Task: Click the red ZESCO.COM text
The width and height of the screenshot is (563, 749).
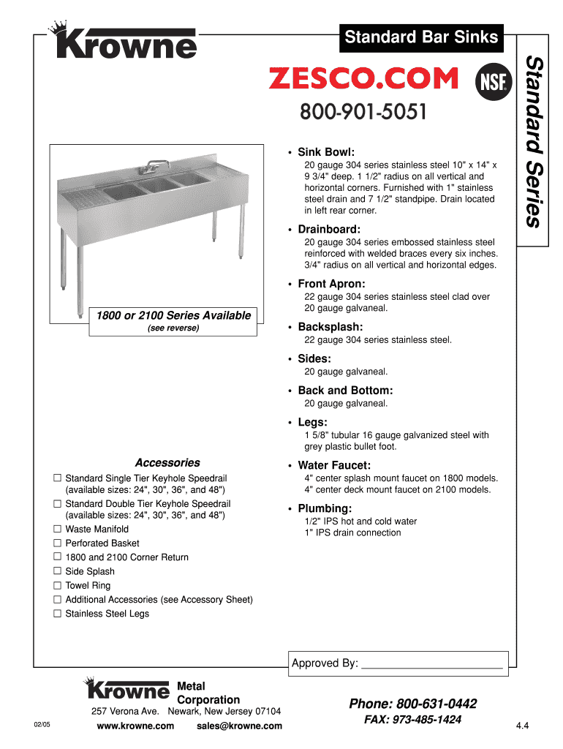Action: [x=363, y=78]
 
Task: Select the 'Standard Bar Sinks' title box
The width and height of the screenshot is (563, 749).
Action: [x=421, y=37]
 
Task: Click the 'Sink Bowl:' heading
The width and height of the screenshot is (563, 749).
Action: [x=326, y=152]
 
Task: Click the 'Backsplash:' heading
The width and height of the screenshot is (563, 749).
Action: [x=330, y=327]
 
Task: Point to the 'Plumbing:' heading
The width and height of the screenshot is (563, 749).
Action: [x=325, y=508]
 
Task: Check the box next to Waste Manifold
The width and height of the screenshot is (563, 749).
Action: [x=57, y=529]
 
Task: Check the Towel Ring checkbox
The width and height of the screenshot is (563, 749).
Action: [x=57, y=585]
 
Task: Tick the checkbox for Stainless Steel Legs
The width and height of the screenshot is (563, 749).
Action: [x=57, y=614]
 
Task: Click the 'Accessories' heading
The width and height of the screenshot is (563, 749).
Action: [x=167, y=463]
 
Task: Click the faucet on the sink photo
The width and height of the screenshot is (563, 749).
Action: [x=151, y=167]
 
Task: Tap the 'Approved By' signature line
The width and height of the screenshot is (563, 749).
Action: [x=432, y=664]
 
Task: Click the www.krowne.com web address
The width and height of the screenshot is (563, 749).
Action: [x=135, y=726]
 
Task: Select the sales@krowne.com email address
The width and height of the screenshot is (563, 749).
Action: [x=239, y=726]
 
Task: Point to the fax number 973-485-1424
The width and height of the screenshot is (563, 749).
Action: [x=412, y=720]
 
